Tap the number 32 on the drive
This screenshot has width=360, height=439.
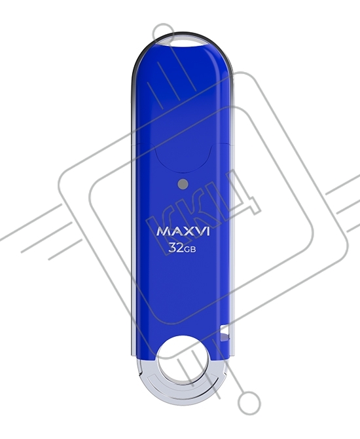pos(176,248)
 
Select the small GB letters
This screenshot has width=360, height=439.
pos(190,250)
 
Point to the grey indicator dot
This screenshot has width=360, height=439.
pos(183,184)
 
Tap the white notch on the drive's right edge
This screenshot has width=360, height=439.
pos(225,333)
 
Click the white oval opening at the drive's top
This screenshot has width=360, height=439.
pos(183,41)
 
